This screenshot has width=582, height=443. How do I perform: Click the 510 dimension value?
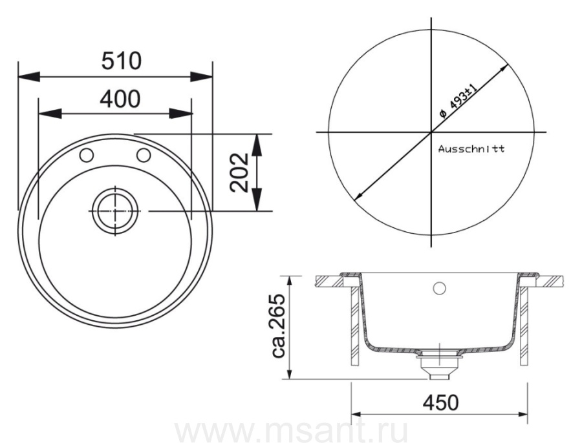click(x=122, y=61)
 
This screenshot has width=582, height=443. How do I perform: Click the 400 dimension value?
click(x=120, y=99)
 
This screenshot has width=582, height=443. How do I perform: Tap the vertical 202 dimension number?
click(x=239, y=172)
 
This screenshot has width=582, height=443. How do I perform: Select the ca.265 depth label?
click(x=278, y=326)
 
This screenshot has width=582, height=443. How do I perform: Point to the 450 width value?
click(x=440, y=402)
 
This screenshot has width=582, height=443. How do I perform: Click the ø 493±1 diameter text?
click(x=458, y=101)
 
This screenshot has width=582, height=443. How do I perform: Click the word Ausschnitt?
click(x=471, y=149)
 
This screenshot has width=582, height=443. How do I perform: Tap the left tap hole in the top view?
click(x=86, y=155)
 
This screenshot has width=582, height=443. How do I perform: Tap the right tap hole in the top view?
click(x=144, y=155)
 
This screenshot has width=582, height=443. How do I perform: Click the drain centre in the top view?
click(x=115, y=211)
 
